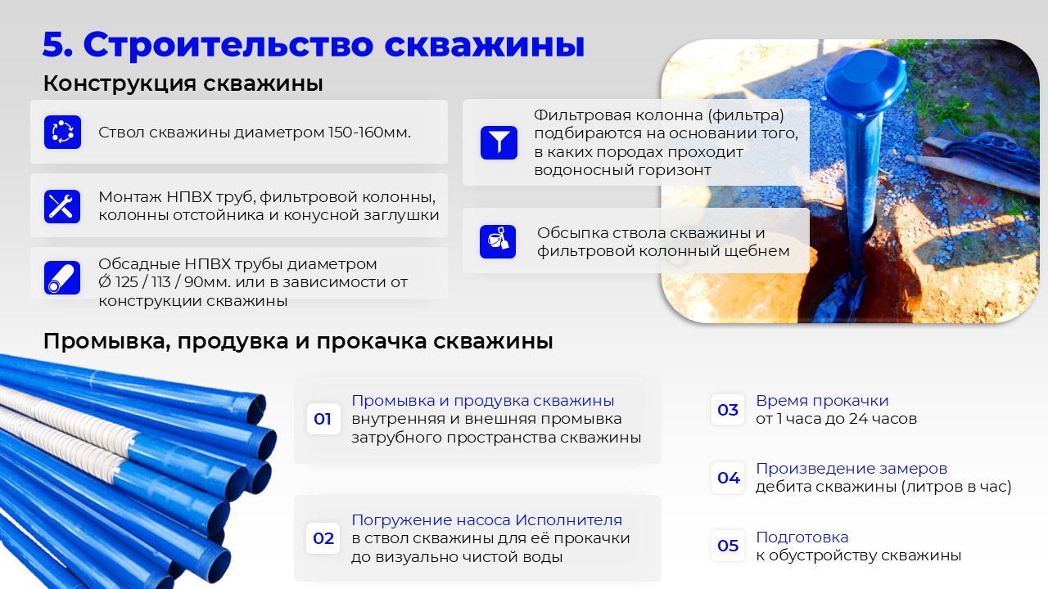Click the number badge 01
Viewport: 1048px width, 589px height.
click(323, 419)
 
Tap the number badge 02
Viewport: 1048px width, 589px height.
click(323, 538)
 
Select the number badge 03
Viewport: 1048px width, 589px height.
click(728, 410)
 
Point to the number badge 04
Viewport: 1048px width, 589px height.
click(728, 478)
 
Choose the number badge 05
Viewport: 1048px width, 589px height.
click(728, 546)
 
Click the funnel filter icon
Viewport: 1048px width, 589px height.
click(499, 142)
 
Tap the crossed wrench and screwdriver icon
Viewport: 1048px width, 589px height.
click(62, 206)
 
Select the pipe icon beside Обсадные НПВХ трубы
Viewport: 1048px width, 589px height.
click(62, 277)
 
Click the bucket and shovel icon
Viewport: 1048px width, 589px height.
click(498, 241)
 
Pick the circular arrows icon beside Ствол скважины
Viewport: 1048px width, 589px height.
click(63, 133)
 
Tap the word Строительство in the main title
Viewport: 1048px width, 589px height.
click(228, 45)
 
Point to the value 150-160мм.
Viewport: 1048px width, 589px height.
click(369, 133)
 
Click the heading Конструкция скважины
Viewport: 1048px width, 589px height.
click(183, 83)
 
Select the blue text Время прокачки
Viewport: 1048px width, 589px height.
click(822, 401)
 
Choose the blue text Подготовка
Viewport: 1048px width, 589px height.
click(802, 537)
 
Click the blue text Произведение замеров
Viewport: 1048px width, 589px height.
click(851, 469)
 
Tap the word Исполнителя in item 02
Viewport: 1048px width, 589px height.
click(569, 519)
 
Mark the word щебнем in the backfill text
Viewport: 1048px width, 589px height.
click(757, 251)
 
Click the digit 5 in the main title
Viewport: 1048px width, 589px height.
click(54, 45)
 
